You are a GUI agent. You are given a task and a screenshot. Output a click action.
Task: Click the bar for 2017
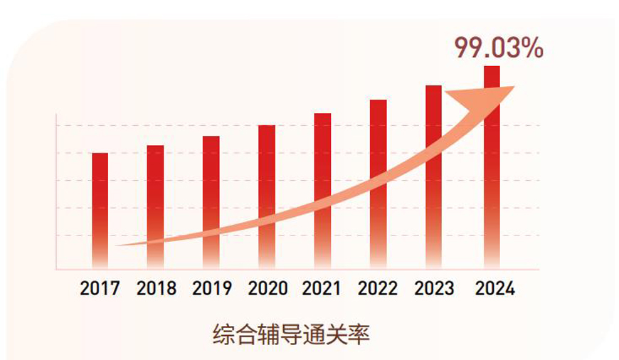click(x=100, y=199)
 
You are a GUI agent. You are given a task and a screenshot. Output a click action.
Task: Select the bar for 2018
click(x=156, y=192)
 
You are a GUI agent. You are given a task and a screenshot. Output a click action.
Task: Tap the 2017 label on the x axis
click(x=100, y=288)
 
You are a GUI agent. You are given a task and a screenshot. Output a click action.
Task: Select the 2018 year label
click(x=156, y=288)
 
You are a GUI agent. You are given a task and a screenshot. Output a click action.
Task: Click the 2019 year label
click(x=211, y=288)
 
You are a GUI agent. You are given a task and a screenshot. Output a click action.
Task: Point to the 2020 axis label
click(x=268, y=288)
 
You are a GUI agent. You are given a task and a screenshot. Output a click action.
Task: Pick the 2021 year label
click(x=322, y=288)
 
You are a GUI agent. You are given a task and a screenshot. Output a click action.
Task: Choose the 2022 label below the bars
click(x=379, y=288)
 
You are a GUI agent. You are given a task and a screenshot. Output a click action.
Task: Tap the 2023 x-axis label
click(x=434, y=288)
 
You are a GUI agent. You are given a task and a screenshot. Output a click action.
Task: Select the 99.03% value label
click(x=499, y=48)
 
